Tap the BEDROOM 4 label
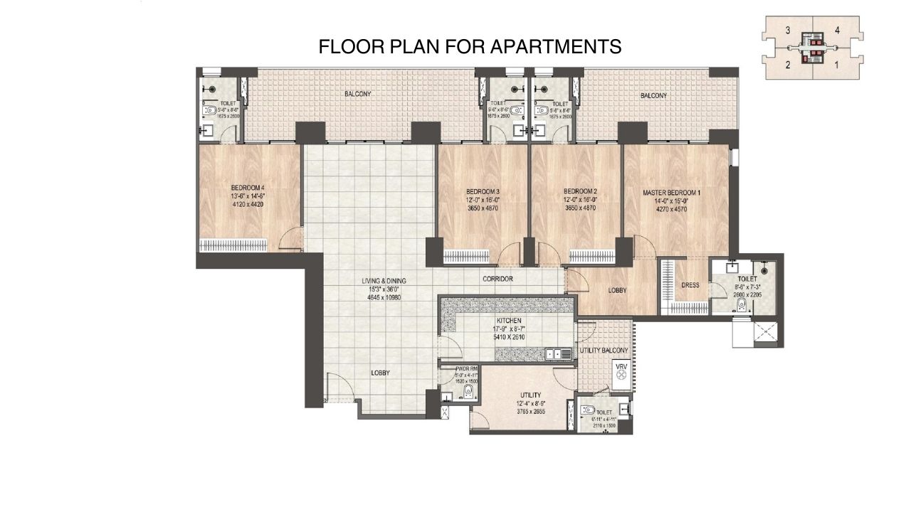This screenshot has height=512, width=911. (x=248, y=188)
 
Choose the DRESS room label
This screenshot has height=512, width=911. (x=690, y=285)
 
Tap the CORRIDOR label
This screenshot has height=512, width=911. (x=497, y=279)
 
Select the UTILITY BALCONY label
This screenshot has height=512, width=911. (x=604, y=351)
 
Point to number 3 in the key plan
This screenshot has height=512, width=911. (x=788, y=31)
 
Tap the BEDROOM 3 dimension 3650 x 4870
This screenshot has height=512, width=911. (x=483, y=208)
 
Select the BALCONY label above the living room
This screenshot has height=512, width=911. (x=358, y=94)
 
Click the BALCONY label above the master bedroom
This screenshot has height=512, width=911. (x=653, y=96)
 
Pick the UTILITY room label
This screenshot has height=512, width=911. (x=531, y=395)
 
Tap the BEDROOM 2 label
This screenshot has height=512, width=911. (x=579, y=191)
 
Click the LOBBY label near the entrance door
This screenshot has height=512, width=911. (x=380, y=373)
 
